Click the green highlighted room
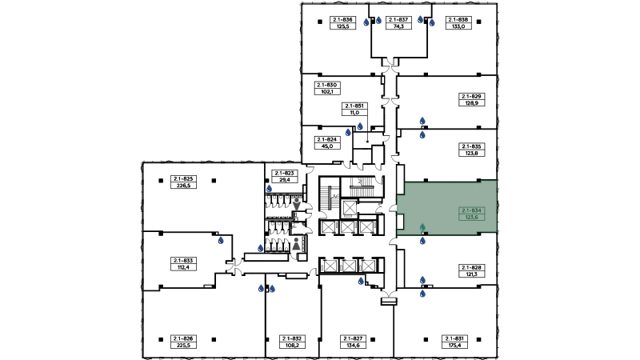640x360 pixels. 448,206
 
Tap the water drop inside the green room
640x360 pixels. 422,226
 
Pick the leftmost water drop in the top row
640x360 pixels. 367,22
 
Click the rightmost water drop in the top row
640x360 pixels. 432,22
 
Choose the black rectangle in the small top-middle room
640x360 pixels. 394,22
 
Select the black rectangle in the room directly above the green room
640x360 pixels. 470,150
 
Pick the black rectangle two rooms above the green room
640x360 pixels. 470,100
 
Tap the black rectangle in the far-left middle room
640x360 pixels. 182,263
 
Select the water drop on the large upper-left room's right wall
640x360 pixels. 270,188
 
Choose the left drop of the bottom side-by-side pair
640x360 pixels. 260,288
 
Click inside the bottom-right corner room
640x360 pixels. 444,320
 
